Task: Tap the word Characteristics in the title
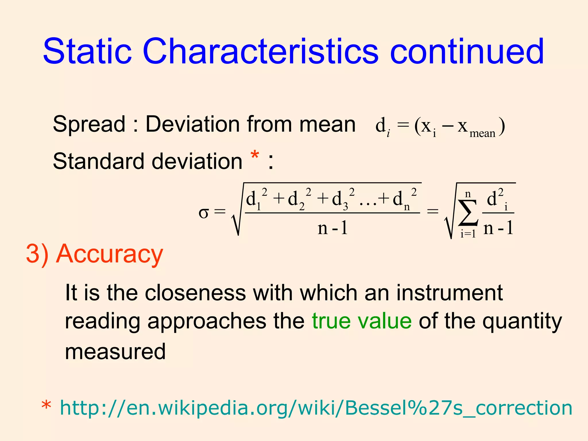[260, 52]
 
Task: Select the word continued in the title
[467, 52]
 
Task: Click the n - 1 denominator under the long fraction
[332, 229]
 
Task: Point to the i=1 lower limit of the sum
[468, 234]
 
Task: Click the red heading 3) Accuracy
[94, 254]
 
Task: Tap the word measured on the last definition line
[115, 351]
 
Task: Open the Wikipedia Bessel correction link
[316, 408]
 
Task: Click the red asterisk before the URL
[46, 406]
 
